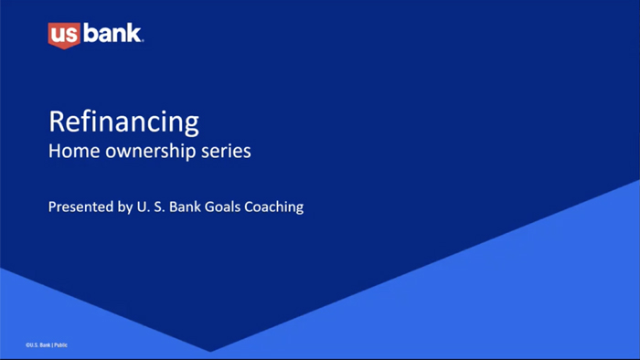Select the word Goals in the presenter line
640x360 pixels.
pos(217,206)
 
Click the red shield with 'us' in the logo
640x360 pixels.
pos(64,35)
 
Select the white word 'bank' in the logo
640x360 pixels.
pos(112,34)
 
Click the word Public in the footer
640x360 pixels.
pos(61,344)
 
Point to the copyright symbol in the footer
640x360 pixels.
pos(27,344)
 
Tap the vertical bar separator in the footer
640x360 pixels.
pos(52,344)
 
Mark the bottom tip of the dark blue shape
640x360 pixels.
pos(211,351)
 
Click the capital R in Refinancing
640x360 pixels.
pos(56,122)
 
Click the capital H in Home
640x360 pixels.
pos(54,151)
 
